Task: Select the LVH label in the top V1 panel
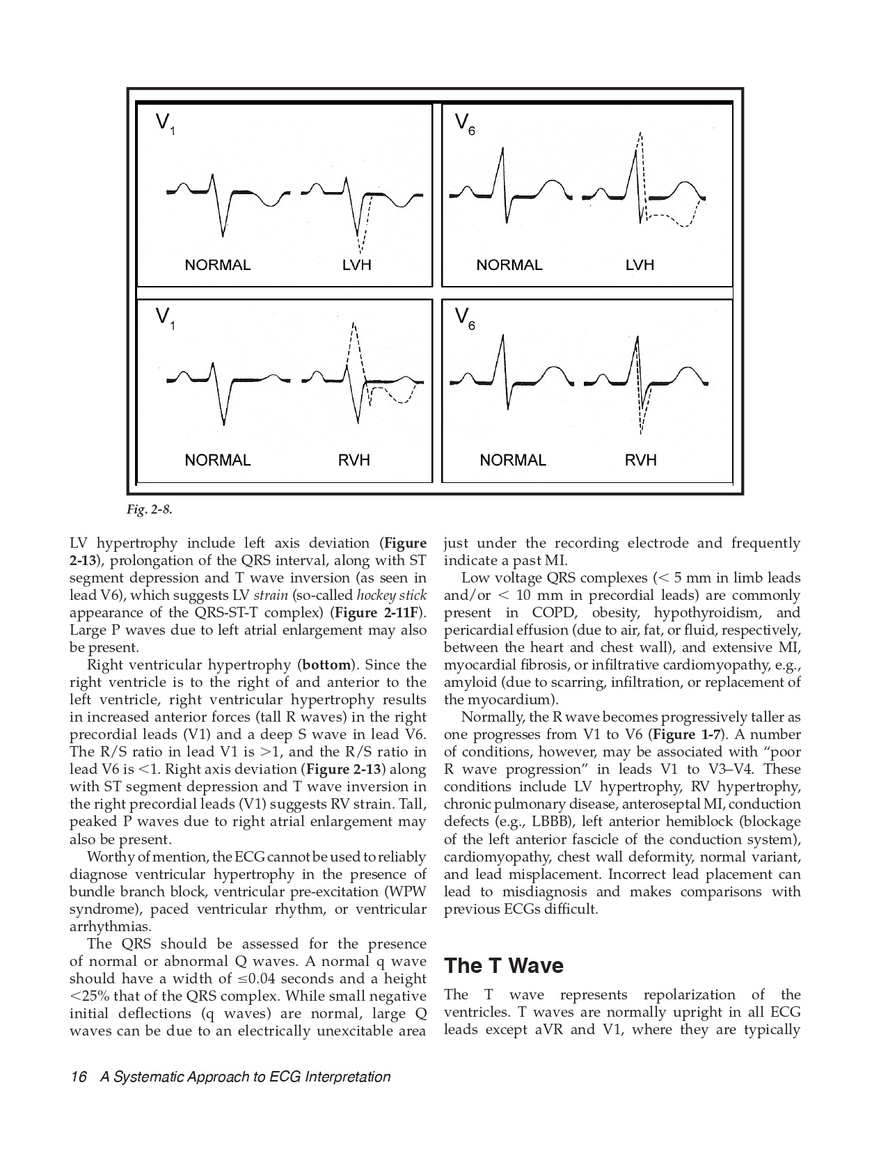click(356, 265)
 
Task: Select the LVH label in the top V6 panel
click(640, 265)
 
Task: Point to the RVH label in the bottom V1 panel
click(354, 460)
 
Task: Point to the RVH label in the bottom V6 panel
click(640, 460)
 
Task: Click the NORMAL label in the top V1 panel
click(217, 265)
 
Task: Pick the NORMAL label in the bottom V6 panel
click(513, 460)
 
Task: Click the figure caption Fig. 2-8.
click(149, 509)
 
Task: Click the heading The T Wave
click(504, 966)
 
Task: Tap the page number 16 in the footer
click(78, 1077)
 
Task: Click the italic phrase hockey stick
click(391, 596)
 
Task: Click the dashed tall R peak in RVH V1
click(354, 324)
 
